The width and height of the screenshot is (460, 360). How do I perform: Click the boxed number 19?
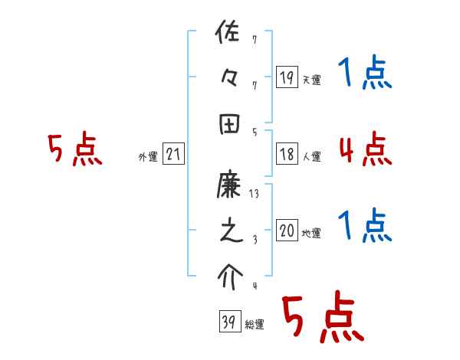point(287,77)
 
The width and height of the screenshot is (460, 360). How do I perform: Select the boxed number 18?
point(287,153)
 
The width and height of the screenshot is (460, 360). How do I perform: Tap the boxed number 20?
point(287,231)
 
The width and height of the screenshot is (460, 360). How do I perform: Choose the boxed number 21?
point(173,154)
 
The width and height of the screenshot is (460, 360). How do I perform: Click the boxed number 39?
point(228,322)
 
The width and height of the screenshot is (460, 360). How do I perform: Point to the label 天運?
point(311,80)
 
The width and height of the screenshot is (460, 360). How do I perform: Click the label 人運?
point(311,156)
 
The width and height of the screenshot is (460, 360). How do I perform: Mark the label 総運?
point(254,325)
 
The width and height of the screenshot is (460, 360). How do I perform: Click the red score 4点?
point(365,149)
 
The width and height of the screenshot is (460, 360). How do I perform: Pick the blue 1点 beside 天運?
point(365,74)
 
